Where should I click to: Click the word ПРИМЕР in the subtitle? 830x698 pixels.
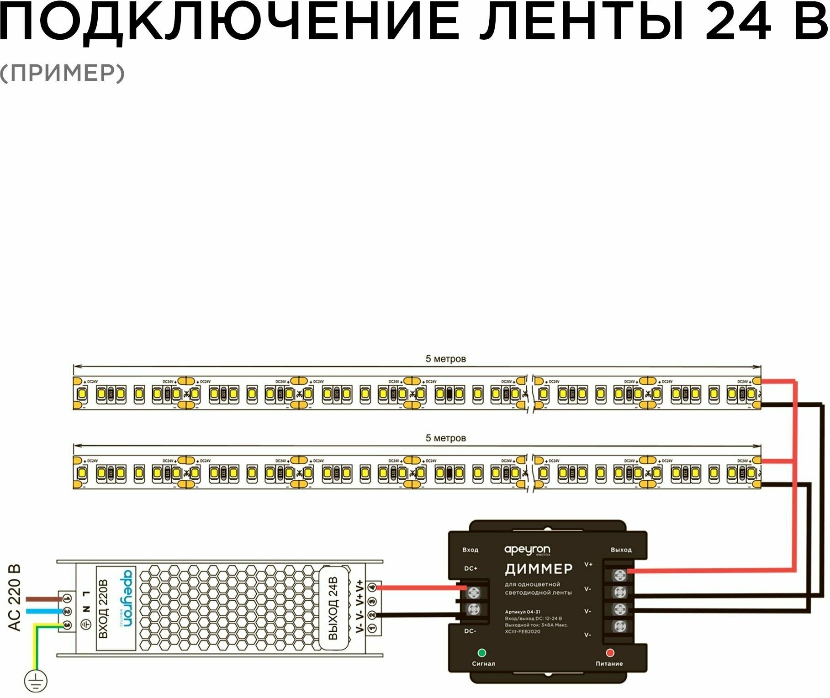click(62, 73)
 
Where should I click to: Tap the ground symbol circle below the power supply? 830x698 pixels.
click(36, 682)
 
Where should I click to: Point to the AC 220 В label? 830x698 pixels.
click(15, 598)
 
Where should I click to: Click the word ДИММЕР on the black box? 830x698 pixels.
click(539, 569)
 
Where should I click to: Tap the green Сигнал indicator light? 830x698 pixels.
click(481, 653)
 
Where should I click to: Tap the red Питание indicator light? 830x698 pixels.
click(609, 653)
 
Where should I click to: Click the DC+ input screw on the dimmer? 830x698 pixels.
click(474, 593)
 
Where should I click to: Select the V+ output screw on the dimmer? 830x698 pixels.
click(620, 575)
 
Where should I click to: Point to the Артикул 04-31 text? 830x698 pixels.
click(523, 612)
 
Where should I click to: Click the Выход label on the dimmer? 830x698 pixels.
click(621, 550)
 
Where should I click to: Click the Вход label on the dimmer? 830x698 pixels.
click(470, 550)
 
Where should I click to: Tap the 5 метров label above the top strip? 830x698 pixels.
click(446, 359)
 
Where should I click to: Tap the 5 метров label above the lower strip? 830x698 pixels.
click(446, 438)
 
